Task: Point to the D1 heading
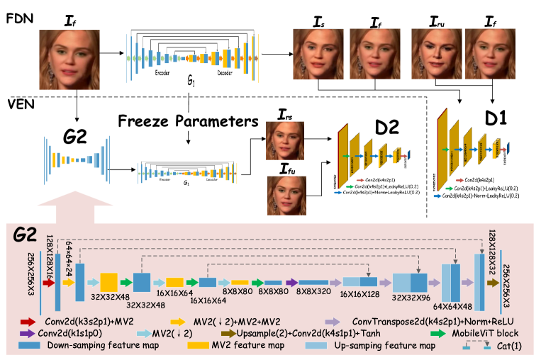pos(496,118)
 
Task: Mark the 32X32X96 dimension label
pos(411,299)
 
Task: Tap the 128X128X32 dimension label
pos(491,249)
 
